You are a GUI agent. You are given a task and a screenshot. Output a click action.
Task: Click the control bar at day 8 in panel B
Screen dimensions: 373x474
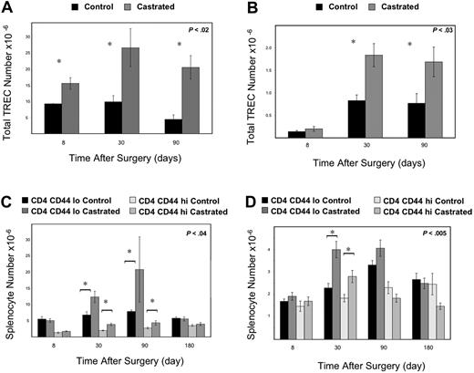pyautogui.click(x=296, y=134)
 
